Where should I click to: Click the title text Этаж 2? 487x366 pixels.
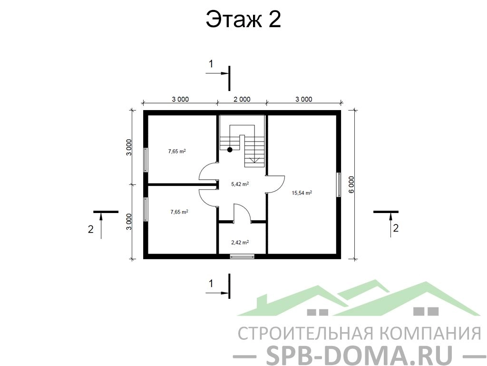tap(243, 19)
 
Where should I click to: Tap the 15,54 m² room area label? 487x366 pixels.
tap(302, 193)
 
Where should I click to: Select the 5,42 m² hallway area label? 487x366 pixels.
tap(240, 184)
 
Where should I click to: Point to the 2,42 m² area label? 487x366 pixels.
tap(240, 242)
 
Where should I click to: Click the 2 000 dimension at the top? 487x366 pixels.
tap(242, 99)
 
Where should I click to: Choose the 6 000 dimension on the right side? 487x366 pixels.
tap(351, 184)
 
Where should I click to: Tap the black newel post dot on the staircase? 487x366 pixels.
tap(230, 150)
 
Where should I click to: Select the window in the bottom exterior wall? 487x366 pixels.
tap(242, 256)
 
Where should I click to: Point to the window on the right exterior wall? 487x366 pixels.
tap(339, 184)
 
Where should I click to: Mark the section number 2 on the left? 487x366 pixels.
tap(90, 229)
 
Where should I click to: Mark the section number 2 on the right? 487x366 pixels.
tap(396, 228)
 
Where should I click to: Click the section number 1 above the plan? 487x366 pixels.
tap(211, 64)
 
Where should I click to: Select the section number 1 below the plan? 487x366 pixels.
tap(211, 284)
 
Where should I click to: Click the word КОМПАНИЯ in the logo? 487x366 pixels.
tap(430, 334)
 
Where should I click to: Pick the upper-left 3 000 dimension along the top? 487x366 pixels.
tap(180, 99)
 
